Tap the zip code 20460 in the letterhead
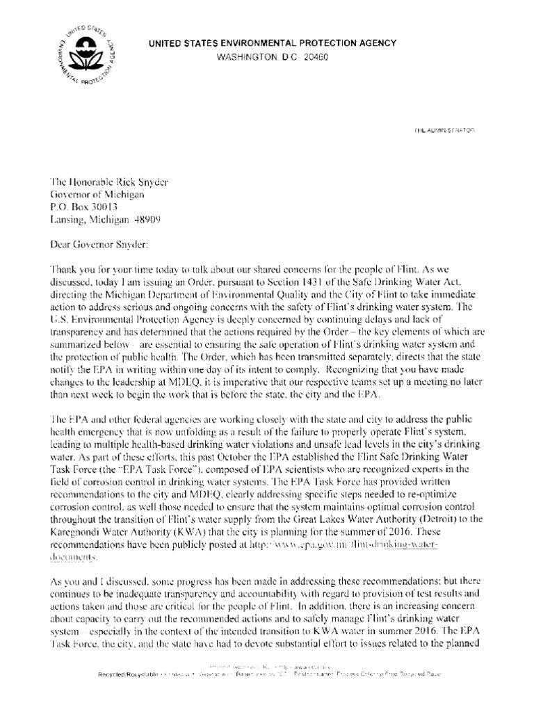[x=314, y=56]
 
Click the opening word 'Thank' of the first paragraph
[x=64, y=269]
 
